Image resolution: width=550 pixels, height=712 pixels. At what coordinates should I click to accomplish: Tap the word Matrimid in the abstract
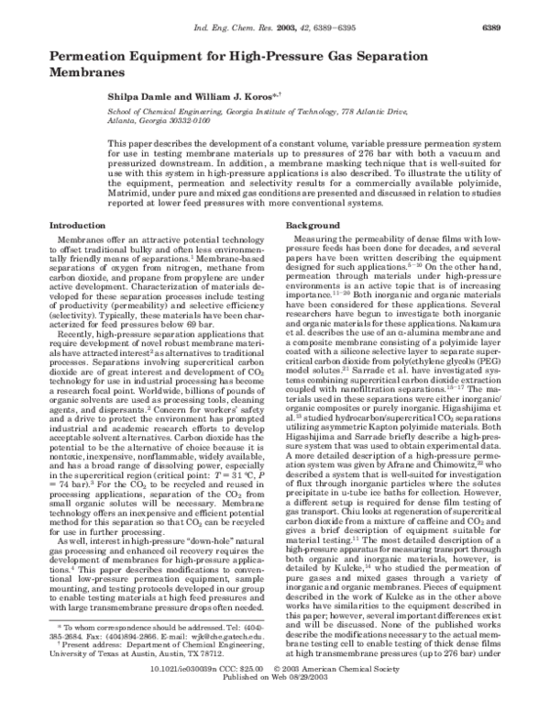130,195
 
